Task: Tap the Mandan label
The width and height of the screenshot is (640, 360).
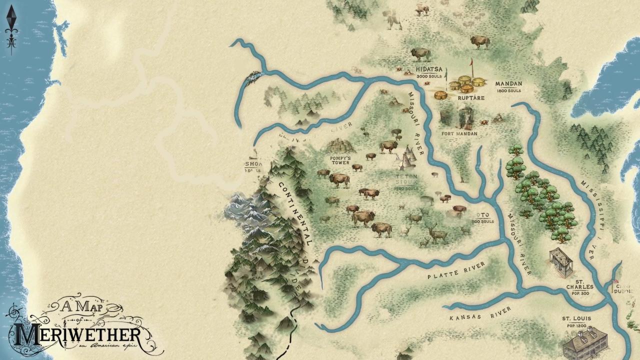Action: click(508, 84)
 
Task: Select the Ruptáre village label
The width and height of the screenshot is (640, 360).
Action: click(471, 98)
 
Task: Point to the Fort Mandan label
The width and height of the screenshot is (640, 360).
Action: click(459, 134)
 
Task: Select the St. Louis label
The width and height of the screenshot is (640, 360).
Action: click(576, 318)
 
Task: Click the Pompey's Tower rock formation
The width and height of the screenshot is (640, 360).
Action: click(341, 146)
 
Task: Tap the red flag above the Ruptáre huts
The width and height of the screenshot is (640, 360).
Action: click(470, 63)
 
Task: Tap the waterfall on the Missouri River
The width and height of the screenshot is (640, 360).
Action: click(253, 76)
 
